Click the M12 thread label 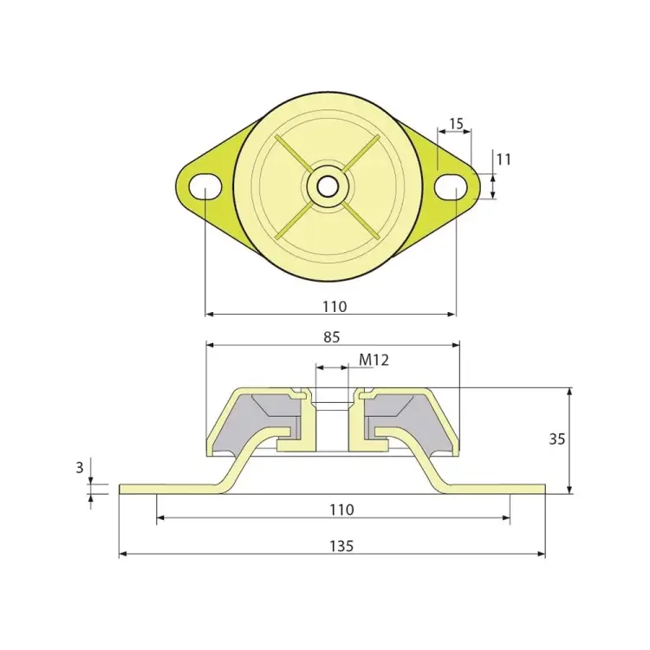pos(374,360)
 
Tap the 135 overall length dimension pos(341,546)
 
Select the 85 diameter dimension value pos(332,337)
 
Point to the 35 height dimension pos(556,439)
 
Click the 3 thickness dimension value pos(80,468)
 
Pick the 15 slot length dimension pos(456,124)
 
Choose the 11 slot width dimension pos(504,159)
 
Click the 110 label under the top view pos(335,307)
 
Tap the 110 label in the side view pos(341,510)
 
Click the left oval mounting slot pos(205,187)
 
